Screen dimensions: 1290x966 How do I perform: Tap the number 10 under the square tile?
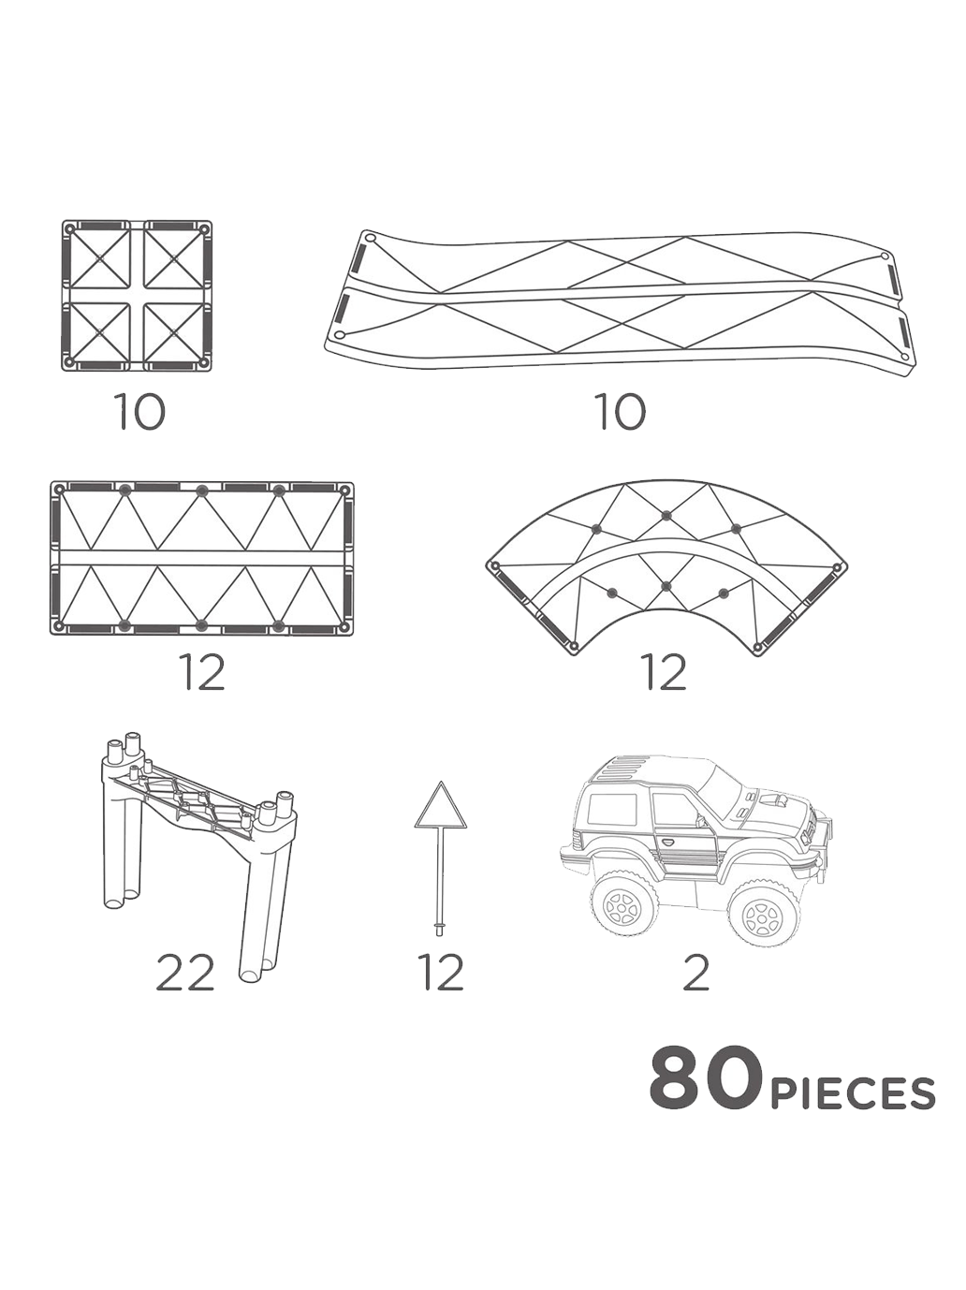(139, 412)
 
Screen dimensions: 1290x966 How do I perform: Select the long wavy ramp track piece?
(620, 298)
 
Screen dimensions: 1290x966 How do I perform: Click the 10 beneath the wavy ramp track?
(621, 412)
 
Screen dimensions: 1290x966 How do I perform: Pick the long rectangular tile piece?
(201, 559)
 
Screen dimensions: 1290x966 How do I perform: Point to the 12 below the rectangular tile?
(203, 672)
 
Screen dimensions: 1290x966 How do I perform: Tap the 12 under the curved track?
(664, 672)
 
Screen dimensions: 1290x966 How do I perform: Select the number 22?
(184, 974)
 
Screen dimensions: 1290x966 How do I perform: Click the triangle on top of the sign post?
(440, 807)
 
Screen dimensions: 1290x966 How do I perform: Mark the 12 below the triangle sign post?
(441, 974)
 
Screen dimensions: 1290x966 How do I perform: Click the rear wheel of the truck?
(623, 904)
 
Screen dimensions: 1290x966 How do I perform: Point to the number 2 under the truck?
(696, 974)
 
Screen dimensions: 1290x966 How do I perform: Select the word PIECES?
(852, 1093)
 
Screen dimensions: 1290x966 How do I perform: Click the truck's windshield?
(722, 787)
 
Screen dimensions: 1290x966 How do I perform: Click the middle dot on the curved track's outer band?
(666, 515)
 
